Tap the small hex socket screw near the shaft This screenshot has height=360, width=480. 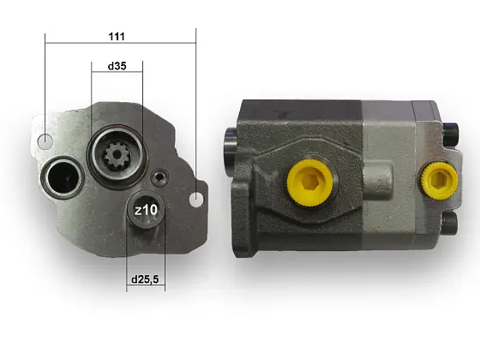pyautogui.click(x=158, y=177)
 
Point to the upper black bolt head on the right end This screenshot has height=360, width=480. pyautogui.click(x=451, y=132)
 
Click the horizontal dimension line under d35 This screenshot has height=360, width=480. pyautogui.click(x=117, y=73)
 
